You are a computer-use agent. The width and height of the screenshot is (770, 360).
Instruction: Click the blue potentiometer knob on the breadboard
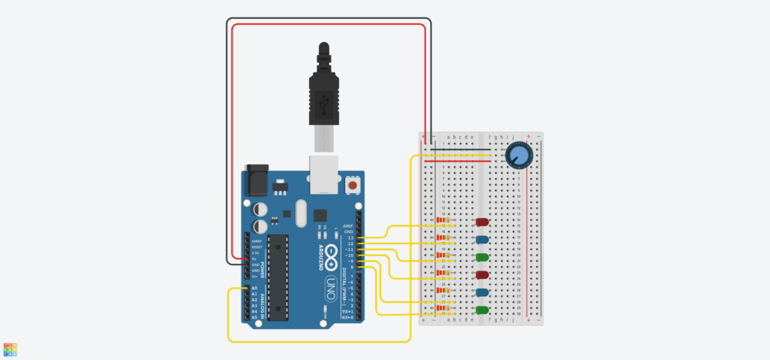[x=518, y=156]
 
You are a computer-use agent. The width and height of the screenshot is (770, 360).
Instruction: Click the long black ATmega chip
[x=277, y=277]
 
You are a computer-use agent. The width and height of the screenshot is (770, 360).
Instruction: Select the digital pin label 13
[x=350, y=237]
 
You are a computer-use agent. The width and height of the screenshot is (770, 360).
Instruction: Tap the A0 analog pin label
[x=254, y=289]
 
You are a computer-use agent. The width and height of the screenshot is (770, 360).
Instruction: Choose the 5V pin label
[x=255, y=259]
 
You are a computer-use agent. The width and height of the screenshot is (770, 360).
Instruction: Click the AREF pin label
[x=348, y=225]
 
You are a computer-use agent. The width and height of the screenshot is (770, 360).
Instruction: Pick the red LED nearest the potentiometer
[x=482, y=222]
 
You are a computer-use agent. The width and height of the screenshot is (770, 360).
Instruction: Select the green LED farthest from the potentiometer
[x=482, y=310]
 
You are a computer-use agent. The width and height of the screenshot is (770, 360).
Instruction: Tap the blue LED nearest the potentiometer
[x=482, y=240]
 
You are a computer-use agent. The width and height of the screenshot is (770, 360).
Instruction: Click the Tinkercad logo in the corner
[x=10, y=349]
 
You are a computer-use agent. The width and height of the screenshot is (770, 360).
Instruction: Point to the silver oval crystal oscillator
[x=302, y=213]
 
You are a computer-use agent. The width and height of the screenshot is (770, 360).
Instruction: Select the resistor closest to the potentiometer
[x=445, y=220]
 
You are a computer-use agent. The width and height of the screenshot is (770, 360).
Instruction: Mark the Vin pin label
[x=255, y=277]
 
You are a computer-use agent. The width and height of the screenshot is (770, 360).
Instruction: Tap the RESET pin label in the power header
[x=256, y=247]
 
